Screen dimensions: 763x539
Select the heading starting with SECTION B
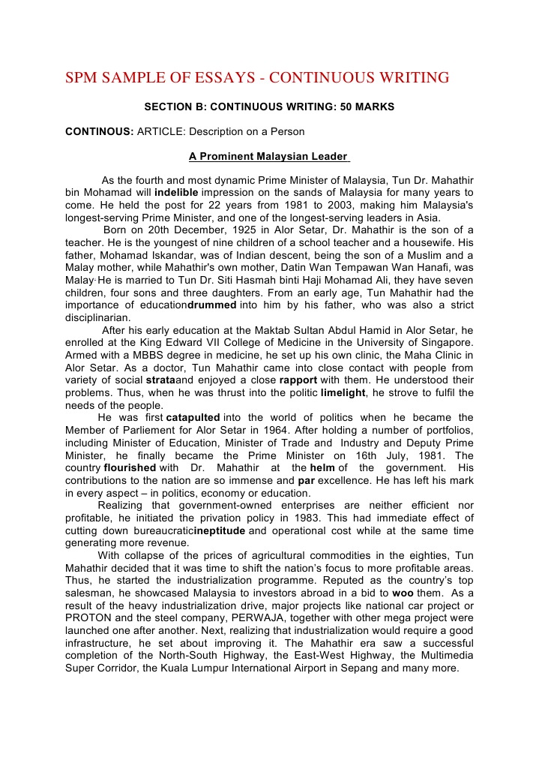point(269,108)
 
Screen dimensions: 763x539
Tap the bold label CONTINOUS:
point(99,131)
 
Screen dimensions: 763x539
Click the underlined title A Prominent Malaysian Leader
point(268,157)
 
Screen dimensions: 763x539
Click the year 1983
point(309,518)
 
